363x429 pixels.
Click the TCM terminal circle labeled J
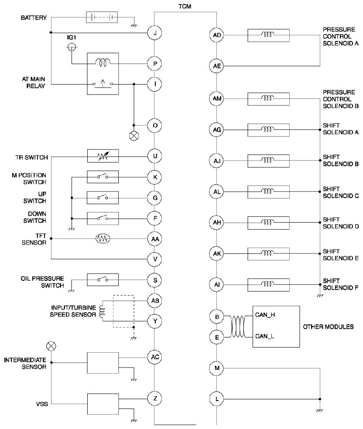155,33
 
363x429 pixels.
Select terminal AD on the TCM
217,35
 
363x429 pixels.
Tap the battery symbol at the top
102,17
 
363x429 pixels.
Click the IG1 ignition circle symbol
72,47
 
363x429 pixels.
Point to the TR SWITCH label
31,157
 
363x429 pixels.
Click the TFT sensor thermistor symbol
103,239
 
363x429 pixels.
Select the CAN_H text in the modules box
265,315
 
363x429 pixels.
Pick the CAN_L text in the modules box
264,336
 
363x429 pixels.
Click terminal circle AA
155,239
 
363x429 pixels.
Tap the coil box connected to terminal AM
269,99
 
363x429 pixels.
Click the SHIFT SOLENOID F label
341,284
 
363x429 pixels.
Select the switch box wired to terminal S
103,279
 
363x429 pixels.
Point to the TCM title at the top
185,6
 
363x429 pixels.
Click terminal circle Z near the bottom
155,398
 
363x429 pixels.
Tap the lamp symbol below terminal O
134,136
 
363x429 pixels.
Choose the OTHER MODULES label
328,327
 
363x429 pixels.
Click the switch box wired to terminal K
103,177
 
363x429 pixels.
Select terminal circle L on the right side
217,399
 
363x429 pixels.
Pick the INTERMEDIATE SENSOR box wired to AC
103,363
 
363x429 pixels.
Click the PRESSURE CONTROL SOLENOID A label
341,36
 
